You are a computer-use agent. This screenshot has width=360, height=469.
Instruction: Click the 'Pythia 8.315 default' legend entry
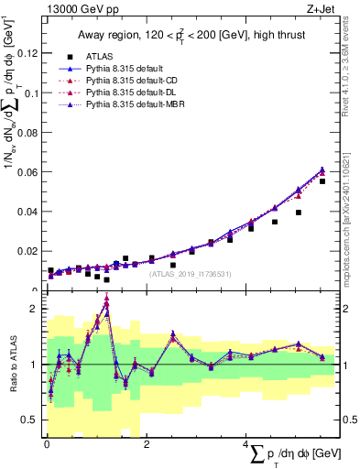[x=140, y=69]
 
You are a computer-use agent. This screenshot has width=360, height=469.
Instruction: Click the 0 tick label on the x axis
[x=47, y=443]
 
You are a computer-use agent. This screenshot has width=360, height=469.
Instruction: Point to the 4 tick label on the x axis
[x=246, y=443]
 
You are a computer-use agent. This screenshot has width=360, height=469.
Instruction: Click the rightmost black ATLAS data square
[x=322, y=181]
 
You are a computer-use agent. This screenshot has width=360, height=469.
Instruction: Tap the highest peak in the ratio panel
[x=107, y=298]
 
